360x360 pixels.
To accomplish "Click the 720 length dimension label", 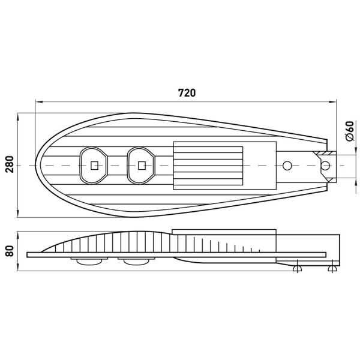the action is tap(187, 93).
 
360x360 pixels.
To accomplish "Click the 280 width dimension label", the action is tap(10, 164).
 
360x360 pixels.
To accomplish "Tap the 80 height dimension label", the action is tap(10, 251).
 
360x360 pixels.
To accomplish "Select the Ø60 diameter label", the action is tap(350, 131).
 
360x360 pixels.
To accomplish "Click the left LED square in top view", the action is tap(94, 166).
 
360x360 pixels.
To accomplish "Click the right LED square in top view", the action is tap(142, 166).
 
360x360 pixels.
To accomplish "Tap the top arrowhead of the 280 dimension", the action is tap(18, 116).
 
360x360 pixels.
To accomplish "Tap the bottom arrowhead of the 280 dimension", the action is tap(18, 214).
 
